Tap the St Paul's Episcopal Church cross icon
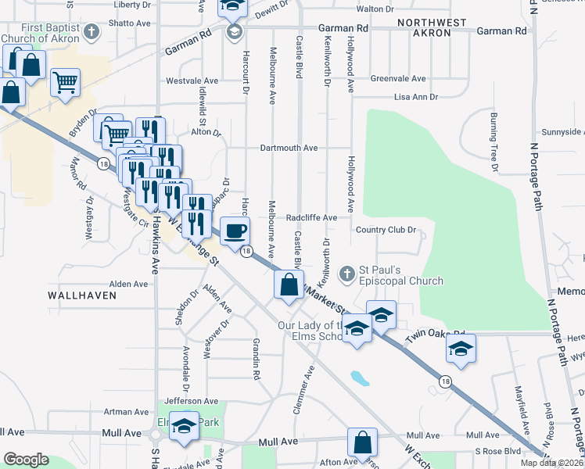click(346, 274)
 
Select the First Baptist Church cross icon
click(92, 32)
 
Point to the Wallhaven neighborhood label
click(82, 295)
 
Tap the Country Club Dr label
click(384, 230)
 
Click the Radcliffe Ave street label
click(311, 217)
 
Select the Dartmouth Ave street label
click(289, 148)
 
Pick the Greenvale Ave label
click(398, 79)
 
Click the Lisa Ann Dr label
click(415, 97)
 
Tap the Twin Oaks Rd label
click(436, 335)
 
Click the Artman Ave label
click(127, 411)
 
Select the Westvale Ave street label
click(192, 81)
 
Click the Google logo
click(26, 460)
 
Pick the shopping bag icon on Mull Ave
click(363, 442)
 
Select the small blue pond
click(360, 379)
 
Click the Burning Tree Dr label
click(494, 141)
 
